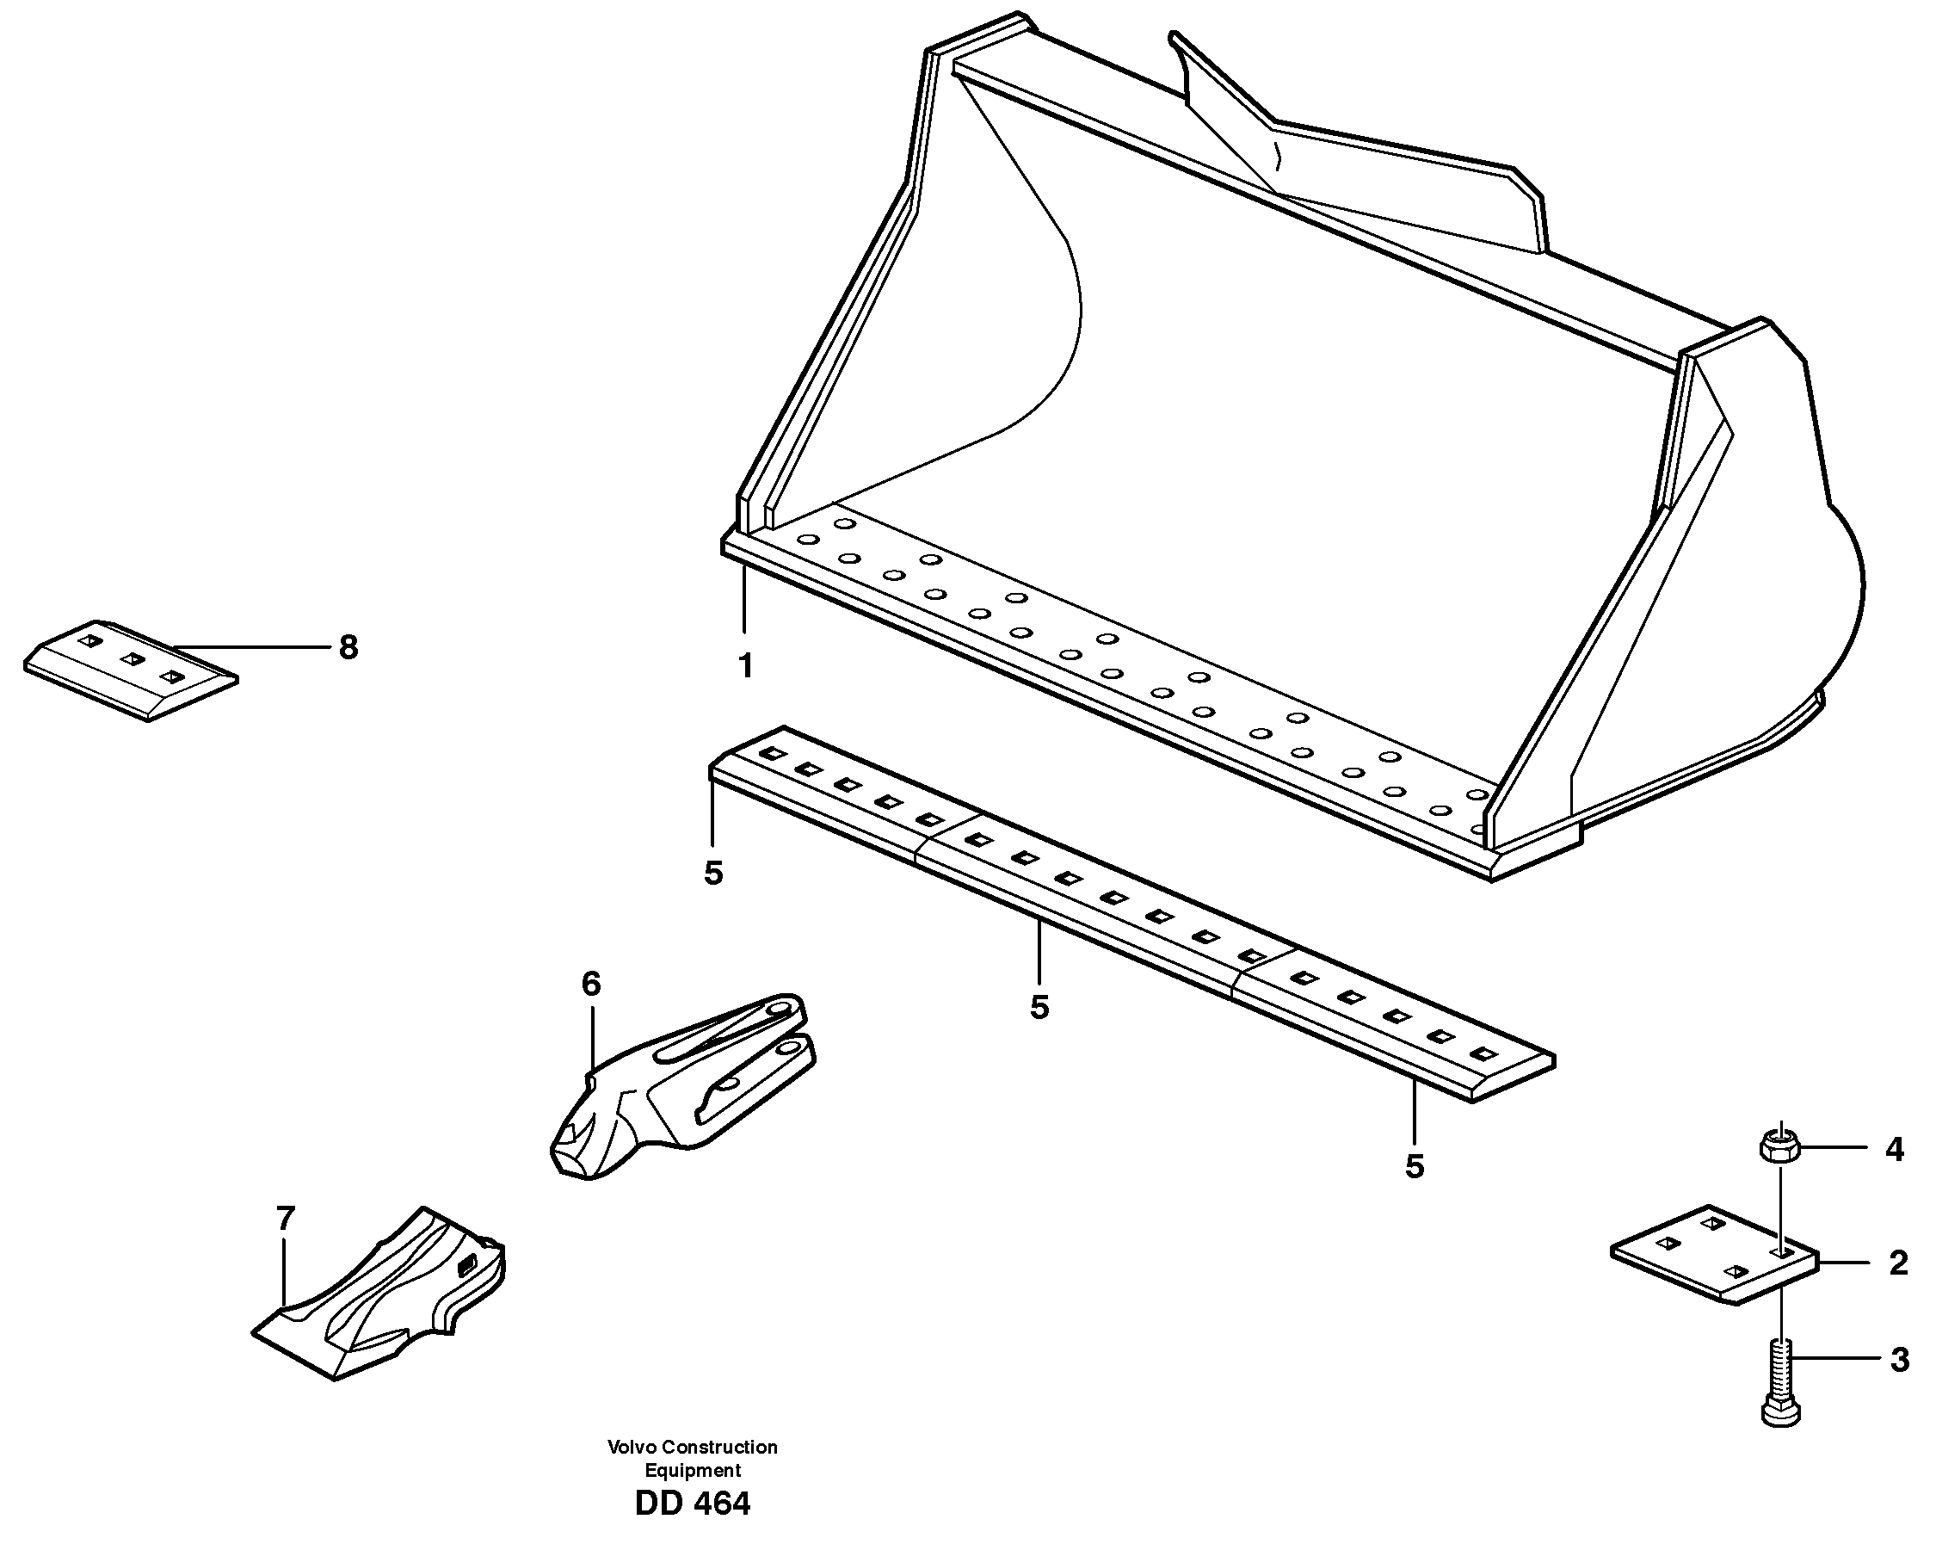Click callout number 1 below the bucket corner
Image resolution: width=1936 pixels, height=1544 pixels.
click(745, 666)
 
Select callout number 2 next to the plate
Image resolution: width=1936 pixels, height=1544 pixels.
click(1897, 1263)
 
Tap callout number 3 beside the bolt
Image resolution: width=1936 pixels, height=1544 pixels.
click(1898, 1360)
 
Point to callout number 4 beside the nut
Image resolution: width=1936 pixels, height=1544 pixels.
click(1894, 1149)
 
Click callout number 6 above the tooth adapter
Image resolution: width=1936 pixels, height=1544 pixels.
click(591, 985)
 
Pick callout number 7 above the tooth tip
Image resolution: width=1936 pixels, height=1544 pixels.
click(285, 1219)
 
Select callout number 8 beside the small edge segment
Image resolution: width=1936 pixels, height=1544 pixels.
click(348, 646)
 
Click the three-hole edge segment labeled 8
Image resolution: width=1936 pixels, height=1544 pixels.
click(130, 670)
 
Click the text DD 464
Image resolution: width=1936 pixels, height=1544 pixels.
click(693, 1504)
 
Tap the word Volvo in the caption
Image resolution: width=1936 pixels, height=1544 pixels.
click(632, 1447)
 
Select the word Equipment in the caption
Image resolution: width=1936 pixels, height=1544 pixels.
click(693, 1470)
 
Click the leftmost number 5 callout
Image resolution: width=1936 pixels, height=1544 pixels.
click(714, 873)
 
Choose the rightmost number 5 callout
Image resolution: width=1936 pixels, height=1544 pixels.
click(1415, 1166)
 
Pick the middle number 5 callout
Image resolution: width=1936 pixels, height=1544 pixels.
click(1039, 1007)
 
